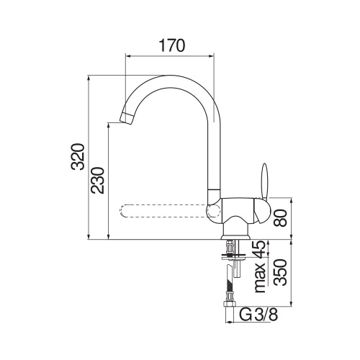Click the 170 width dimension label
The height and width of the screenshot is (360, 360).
click(x=171, y=45)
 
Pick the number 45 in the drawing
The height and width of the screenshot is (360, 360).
click(x=258, y=251)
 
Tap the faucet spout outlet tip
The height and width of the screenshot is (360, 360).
click(x=125, y=118)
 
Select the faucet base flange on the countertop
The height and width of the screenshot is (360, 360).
click(x=235, y=236)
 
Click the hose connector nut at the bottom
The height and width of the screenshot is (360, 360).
click(x=231, y=303)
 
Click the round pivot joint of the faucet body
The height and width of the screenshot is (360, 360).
click(x=214, y=210)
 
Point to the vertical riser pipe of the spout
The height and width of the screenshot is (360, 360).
click(x=215, y=151)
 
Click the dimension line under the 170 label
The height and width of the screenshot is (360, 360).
click(x=171, y=55)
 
